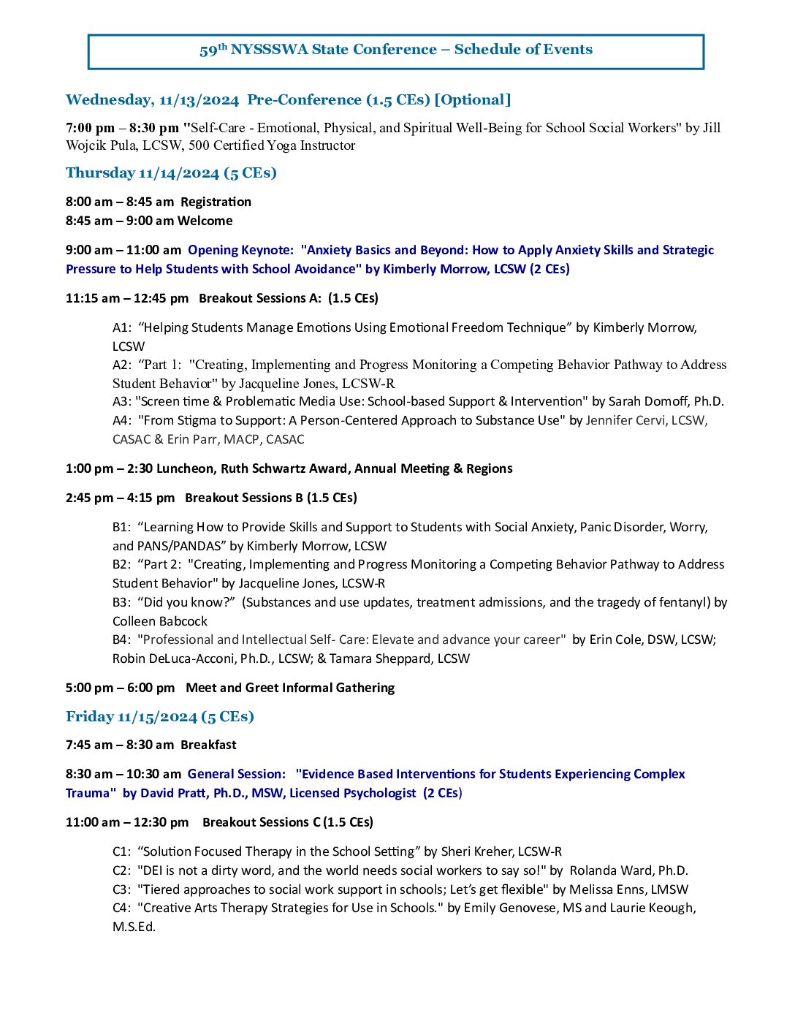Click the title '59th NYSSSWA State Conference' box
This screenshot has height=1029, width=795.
395,50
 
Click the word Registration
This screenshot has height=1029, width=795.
216,202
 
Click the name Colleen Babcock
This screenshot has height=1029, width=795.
159,621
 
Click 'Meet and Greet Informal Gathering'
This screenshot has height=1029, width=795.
290,688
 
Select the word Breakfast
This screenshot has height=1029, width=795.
208,745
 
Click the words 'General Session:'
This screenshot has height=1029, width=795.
236,774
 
